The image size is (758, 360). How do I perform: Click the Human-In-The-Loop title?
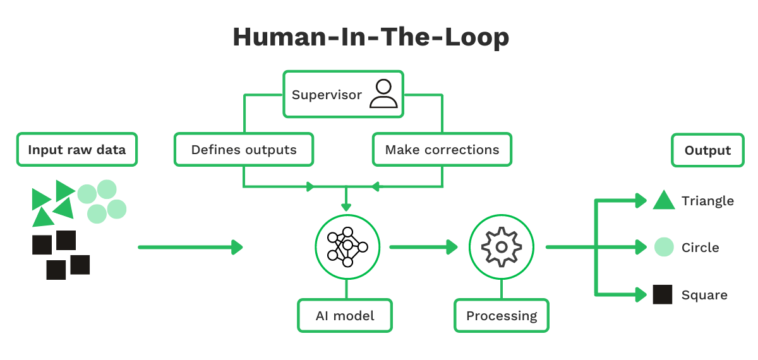[371, 37]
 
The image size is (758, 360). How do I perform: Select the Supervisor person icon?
[383, 94]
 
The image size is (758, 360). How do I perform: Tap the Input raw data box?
[76, 150]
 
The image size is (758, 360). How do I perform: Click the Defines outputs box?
[244, 150]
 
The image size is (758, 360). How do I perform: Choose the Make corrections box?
[442, 150]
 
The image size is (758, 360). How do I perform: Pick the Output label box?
[707, 150]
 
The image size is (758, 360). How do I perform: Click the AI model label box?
[345, 315]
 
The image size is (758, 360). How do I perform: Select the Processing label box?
[502, 315]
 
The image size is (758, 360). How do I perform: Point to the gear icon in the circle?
[502, 246]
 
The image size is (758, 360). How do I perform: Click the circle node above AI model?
[347, 246]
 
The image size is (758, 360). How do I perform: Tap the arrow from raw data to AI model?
[189, 247]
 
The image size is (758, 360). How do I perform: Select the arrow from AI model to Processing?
[423, 247]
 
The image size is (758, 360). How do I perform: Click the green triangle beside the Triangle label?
[664, 200]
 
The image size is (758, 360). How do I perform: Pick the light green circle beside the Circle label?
[664, 247]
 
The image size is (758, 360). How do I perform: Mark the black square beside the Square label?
[663, 294]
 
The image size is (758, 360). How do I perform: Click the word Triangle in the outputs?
[707, 201]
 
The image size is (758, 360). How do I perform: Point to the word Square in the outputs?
[704, 295]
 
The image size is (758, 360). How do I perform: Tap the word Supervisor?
[327, 95]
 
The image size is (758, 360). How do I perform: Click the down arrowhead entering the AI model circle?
[346, 207]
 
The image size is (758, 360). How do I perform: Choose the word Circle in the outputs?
[701, 248]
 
